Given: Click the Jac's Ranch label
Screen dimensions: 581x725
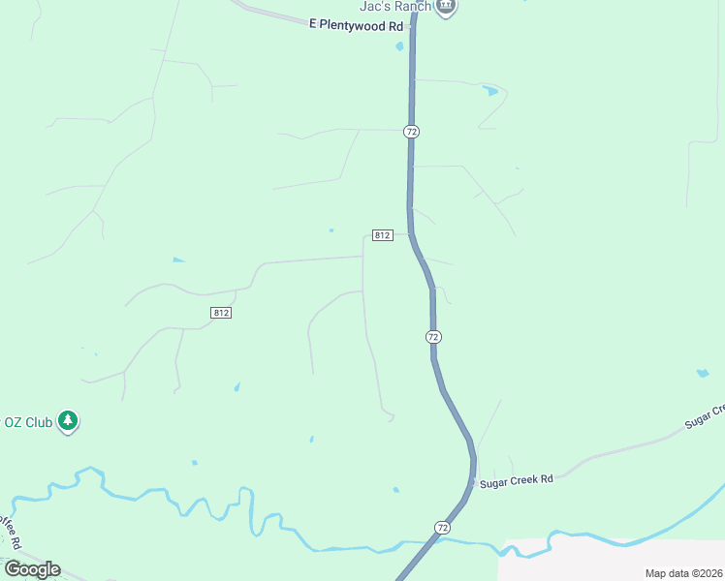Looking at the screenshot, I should coord(394,6).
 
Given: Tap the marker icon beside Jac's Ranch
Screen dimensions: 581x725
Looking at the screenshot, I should coord(446,6).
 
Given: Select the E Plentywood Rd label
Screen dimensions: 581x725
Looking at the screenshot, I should coord(355,26).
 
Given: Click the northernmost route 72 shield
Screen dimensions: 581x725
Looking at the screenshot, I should coord(412,131).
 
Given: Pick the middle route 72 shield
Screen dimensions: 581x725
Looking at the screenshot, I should coord(433,336).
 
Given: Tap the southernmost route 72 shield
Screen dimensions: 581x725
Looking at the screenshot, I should coord(443,527).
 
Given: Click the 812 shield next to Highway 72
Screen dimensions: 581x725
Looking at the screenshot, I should coord(382,235).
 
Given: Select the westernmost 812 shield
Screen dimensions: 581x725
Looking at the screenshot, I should coord(221,312).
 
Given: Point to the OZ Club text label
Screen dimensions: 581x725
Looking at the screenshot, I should coord(27,422).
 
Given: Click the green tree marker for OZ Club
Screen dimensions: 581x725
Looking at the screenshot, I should coord(68,421).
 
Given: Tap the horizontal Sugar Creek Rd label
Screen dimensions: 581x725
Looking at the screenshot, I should coord(517,479).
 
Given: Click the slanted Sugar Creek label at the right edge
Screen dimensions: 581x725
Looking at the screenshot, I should coord(705,416).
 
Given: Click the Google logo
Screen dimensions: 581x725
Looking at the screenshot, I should coord(32,569).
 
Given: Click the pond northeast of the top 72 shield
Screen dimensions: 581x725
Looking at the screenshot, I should coord(490,91).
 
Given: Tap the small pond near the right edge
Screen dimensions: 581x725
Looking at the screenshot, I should coord(703,373).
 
